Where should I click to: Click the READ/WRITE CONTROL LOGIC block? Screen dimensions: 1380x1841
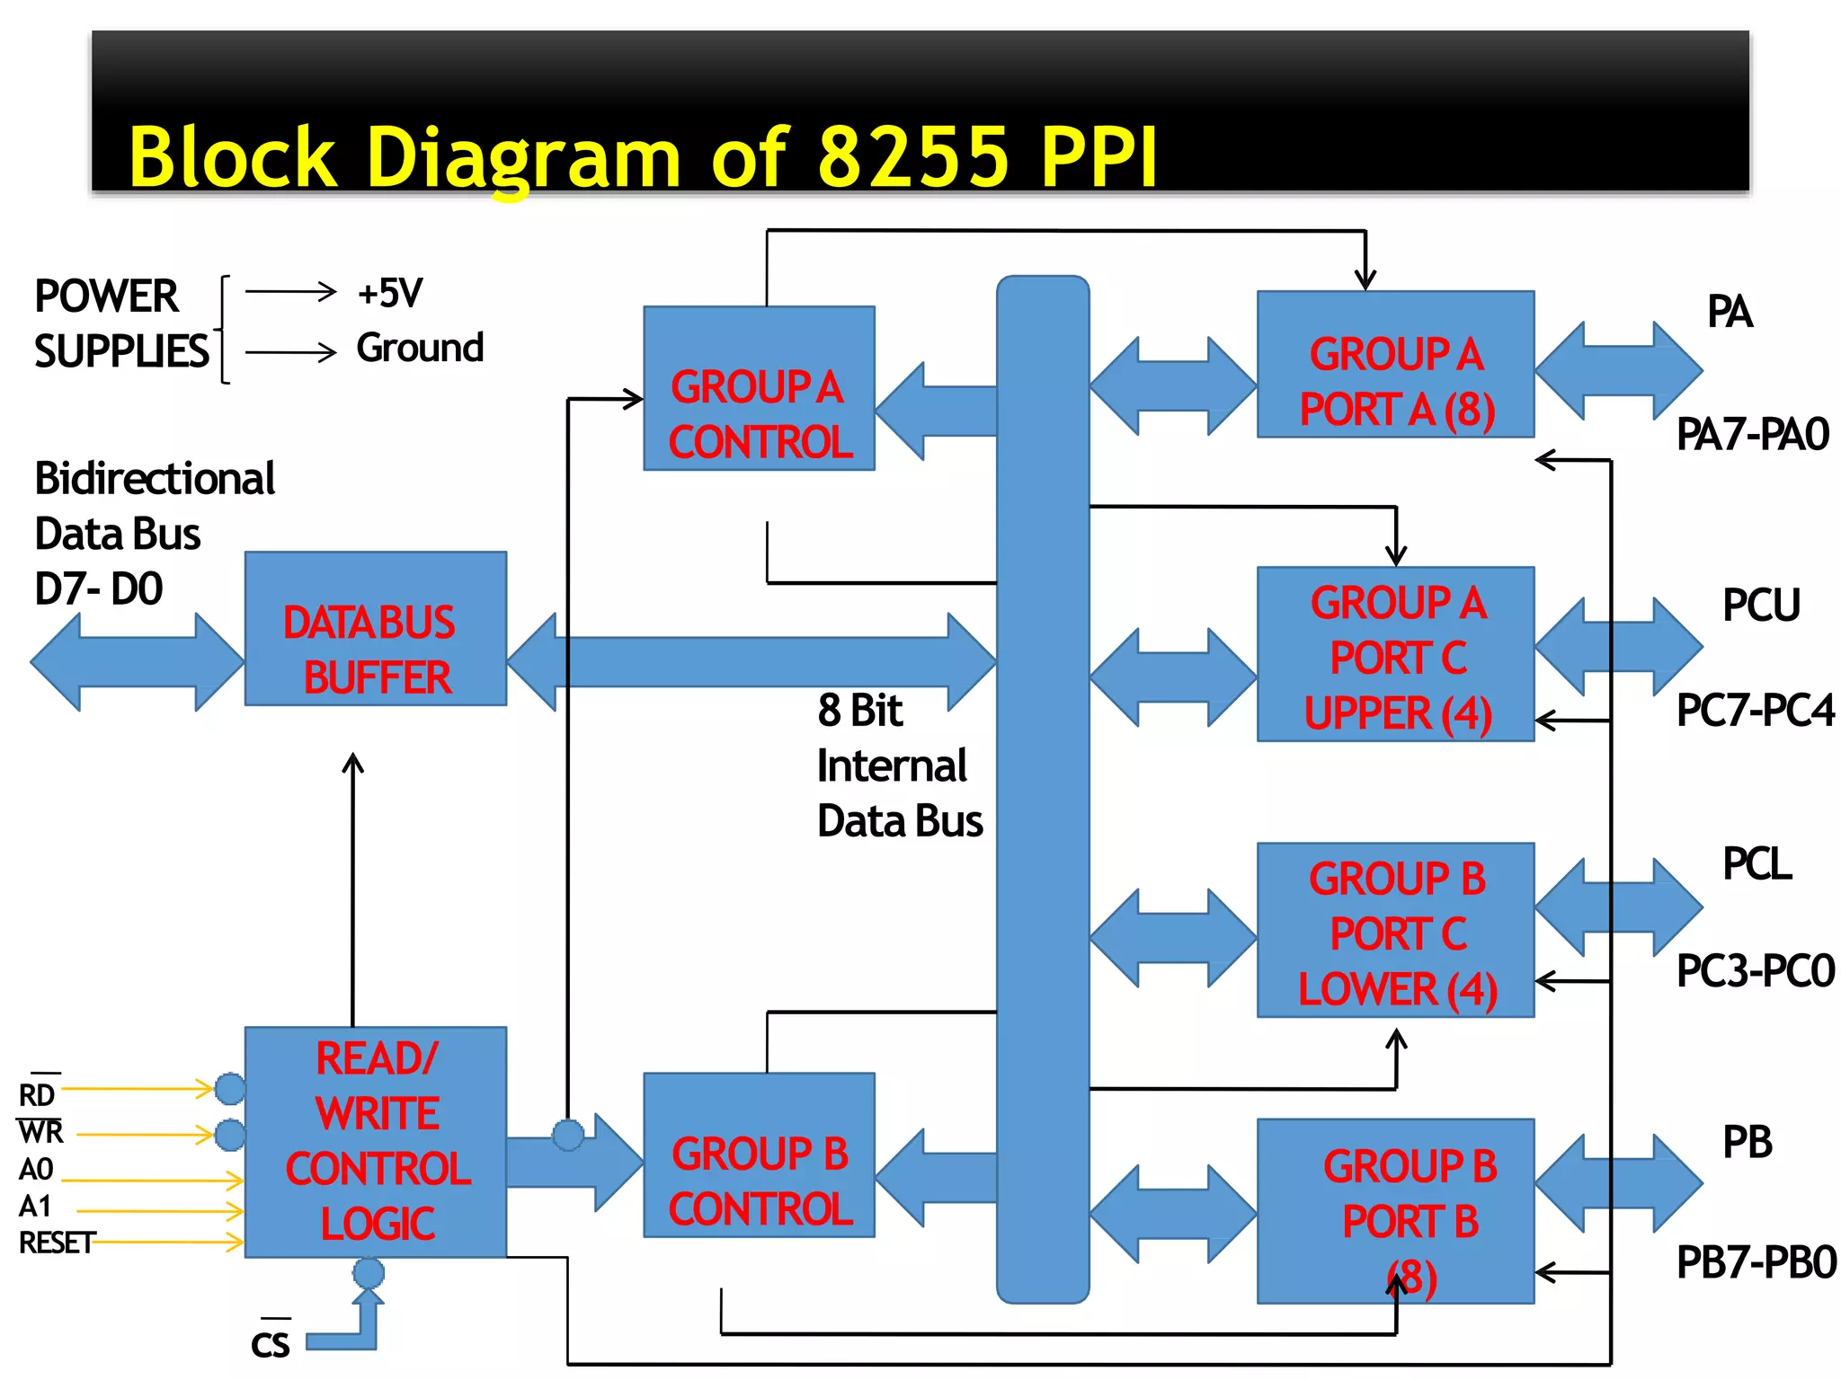tap(375, 1141)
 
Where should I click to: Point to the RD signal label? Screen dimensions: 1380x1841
tap(37, 1095)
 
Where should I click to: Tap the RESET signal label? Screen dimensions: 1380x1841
tap(56, 1243)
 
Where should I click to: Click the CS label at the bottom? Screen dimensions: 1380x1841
tap(270, 1344)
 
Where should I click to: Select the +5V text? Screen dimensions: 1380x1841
tap(389, 293)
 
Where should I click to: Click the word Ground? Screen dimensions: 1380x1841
tap(420, 348)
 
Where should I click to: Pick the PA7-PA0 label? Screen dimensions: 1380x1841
tap(1752, 435)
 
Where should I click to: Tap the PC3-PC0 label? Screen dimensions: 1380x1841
tap(1755, 971)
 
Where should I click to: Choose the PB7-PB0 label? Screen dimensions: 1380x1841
tap(1756, 1262)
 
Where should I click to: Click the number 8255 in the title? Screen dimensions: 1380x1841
tap(914, 156)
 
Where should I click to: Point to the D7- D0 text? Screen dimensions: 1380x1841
tap(98, 589)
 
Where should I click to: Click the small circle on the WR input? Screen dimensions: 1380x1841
tap(231, 1135)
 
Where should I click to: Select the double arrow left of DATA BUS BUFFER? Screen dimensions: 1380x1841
tap(137, 662)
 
